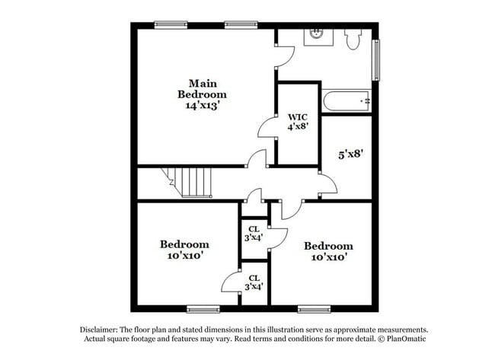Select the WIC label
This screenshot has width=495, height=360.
click(297, 117)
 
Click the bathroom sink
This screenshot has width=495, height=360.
click(317, 34)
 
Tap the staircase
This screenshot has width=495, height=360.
click(194, 182)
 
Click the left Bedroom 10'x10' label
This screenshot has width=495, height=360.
click(184, 250)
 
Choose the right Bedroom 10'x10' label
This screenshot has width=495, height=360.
click(328, 251)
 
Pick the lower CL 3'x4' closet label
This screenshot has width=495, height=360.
click(254, 282)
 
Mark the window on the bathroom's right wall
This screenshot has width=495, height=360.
click(375, 60)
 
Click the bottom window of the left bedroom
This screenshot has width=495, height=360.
click(203, 309)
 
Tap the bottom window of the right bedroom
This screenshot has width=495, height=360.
click(313, 309)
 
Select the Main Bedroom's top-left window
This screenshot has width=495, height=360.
click(171, 24)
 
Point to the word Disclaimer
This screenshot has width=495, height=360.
click(100, 330)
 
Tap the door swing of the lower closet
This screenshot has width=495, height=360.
click(232, 281)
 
